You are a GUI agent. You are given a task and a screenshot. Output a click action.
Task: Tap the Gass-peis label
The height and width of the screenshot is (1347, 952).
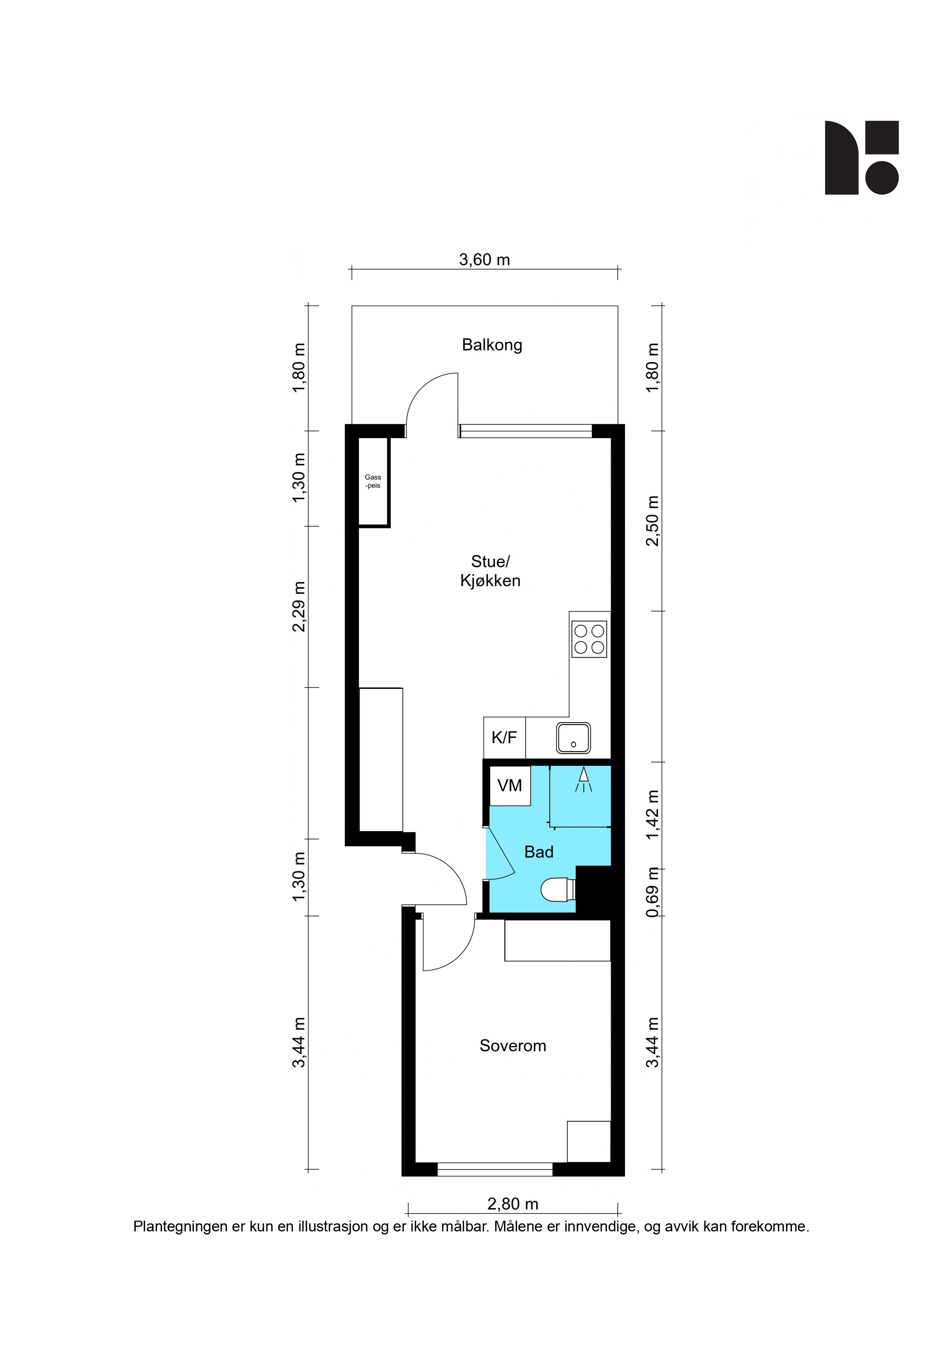(x=373, y=481)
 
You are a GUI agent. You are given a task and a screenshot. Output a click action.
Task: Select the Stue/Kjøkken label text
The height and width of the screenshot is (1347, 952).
(x=490, y=571)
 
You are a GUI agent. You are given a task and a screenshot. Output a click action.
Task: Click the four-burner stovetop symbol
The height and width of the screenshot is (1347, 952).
(x=589, y=639)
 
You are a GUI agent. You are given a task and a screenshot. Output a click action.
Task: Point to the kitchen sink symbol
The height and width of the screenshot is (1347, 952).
(x=573, y=738)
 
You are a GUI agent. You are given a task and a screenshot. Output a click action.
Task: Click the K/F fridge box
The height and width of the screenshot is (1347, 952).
(x=504, y=738)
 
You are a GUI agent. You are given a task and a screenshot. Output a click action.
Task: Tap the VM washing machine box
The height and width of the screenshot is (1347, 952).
(x=510, y=786)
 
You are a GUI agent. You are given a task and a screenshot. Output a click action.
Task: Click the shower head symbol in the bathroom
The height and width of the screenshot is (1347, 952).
(x=583, y=779)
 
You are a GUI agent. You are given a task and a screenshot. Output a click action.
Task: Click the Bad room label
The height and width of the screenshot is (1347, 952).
(x=539, y=852)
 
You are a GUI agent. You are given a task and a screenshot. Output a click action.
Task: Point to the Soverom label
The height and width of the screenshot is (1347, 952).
(x=513, y=1046)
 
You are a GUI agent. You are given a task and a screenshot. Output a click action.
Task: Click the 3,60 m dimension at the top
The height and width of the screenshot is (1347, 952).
(x=484, y=260)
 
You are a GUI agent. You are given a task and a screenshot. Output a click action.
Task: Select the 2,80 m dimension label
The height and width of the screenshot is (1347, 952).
(x=513, y=1204)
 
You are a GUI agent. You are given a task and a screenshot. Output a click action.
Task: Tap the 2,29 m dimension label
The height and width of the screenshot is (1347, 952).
(x=299, y=607)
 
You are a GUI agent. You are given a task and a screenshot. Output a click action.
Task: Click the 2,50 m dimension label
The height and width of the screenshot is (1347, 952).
(x=652, y=521)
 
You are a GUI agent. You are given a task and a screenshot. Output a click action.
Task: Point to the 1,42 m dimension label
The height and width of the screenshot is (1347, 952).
(x=652, y=815)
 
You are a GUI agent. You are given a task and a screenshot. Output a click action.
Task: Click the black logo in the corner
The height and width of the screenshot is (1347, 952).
(x=862, y=158)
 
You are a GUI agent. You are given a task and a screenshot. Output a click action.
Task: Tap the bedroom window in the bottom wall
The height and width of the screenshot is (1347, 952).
(x=495, y=1170)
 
